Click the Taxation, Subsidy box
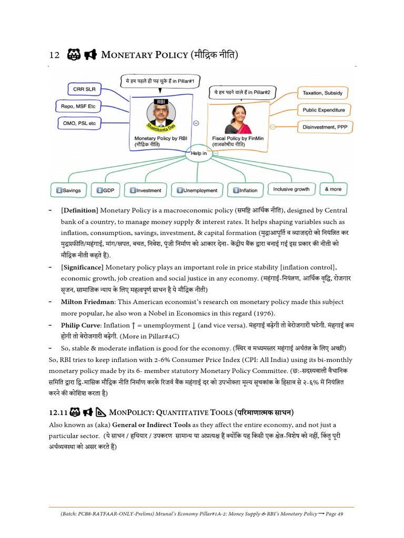[322, 93]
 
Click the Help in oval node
[203, 153]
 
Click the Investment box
[145, 190]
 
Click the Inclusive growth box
[291, 189]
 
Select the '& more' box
[333, 189]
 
